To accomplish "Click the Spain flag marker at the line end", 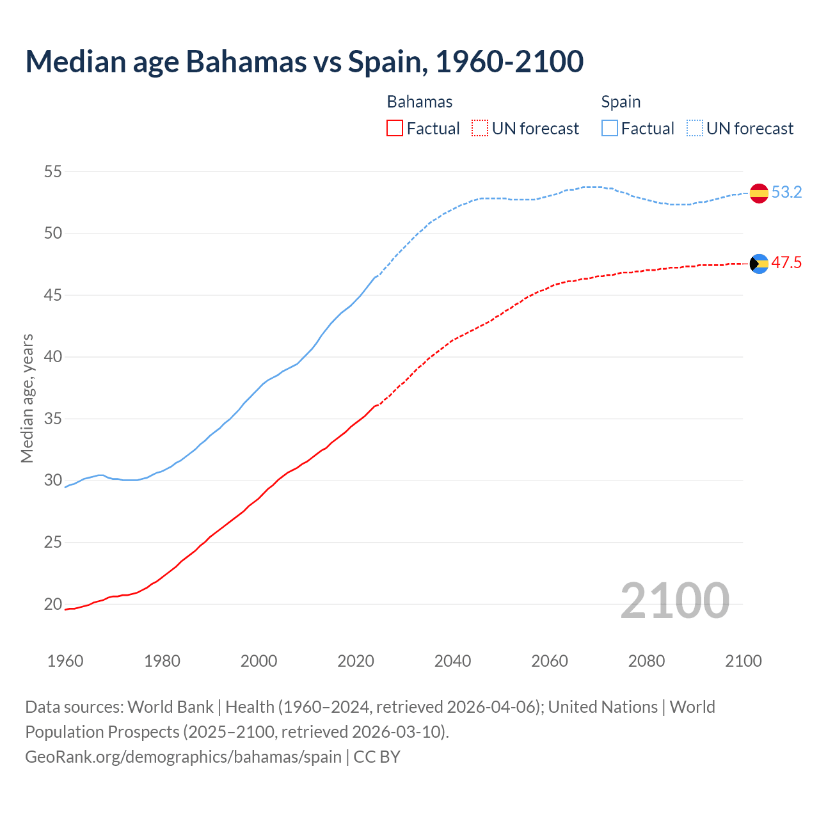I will pos(759,193).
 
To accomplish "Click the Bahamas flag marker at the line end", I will pos(759,263).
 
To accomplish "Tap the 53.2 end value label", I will pos(786,192).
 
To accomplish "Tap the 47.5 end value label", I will pos(786,262).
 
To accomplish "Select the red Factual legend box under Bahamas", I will pos(395,129).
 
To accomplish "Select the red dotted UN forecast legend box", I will pos(480,129).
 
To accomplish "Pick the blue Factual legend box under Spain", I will pos(610,129).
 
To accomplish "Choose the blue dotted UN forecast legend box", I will pos(695,129).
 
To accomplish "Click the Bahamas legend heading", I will pos(420,102).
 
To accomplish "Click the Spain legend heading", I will pos(621,102).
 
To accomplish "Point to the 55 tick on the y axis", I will pos(53,171).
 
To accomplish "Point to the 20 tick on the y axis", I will pos(53,604).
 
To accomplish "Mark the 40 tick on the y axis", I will pos(53,357).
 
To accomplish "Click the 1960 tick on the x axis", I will pos(65,661).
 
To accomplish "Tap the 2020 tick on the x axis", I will pos(356,661).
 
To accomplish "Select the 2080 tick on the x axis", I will pos(646,661).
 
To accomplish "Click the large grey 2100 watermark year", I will pos(674,600).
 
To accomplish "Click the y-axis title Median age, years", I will pos(27,398).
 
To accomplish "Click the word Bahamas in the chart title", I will pos(246,61).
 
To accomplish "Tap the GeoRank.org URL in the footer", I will pos(183,756).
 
